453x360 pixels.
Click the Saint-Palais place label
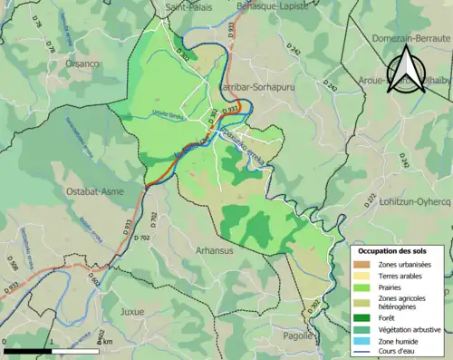[189, 6]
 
